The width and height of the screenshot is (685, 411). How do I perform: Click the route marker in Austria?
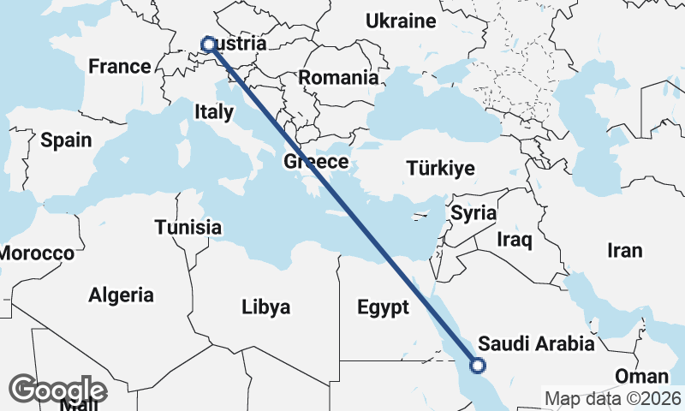click(207, 44)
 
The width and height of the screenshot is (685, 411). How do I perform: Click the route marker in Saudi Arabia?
click(478, 366)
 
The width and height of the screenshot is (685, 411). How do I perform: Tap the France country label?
click(120, 66)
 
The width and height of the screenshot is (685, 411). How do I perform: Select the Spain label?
click(66, 140)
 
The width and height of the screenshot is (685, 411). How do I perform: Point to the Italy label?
click(213, 110)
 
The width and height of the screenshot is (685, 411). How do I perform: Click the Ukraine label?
click(401, 21)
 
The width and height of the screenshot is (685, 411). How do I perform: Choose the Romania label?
click(338, 77)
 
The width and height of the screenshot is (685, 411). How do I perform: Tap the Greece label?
click(316, 162)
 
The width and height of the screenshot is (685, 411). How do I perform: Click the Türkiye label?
click(441, 168)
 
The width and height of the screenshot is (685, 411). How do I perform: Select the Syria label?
click(474, 212)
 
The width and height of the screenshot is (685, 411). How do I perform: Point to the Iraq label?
click(515, 240)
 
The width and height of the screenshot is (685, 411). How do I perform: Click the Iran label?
click(624, 251)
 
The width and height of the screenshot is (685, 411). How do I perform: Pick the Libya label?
click(265, 307)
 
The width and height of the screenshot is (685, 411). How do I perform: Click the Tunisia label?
click(188, 228)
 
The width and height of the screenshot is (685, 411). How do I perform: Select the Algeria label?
click(122, 295)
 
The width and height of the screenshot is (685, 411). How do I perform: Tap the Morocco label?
click(36, 253)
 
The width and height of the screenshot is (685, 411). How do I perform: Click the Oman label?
click(641, 377)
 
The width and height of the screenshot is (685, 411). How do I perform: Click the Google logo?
click(57, 390)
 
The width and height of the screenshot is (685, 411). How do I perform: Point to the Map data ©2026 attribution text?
click(613, 398)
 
